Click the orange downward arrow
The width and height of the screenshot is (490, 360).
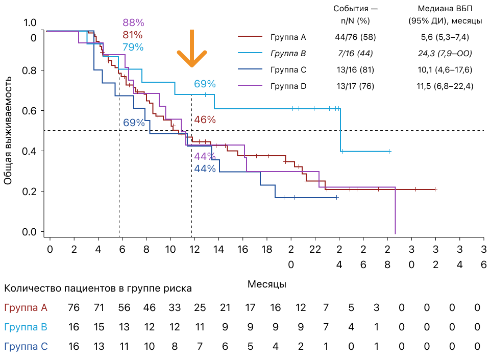[192, 49]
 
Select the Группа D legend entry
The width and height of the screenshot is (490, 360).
[288, 86]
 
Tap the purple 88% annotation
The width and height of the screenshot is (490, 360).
[133, 22]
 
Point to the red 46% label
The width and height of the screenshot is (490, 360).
[205, 120]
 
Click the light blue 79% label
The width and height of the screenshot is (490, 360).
[133, 47]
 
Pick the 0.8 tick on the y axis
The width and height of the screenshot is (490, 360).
[31, 70]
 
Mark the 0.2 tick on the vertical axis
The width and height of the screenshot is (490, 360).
[31, 191]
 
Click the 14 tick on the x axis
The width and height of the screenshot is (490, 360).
[219, 249]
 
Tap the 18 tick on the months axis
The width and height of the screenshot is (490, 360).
[267, 249]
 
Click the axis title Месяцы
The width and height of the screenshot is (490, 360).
[267, 283]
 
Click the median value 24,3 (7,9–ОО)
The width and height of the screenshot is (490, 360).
[444, 54]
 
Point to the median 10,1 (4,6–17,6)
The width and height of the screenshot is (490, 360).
[444, 70]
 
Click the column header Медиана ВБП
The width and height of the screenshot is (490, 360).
[444, 9]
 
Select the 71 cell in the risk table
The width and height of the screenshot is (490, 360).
[98, 307]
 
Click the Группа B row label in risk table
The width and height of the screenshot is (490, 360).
[26, 327]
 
